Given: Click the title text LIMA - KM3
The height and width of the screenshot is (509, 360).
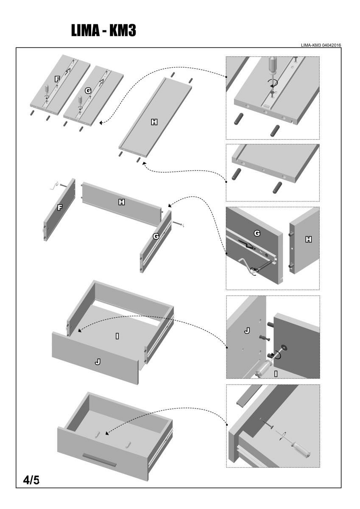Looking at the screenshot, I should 104,31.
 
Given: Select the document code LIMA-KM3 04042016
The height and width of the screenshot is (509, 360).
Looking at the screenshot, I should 321,45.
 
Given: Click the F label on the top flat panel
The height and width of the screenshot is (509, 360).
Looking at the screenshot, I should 57,79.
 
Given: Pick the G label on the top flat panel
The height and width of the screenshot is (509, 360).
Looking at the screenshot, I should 88,90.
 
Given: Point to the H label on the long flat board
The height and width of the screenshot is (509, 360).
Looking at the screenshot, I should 154,122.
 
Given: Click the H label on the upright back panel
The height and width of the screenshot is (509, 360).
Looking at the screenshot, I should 122,202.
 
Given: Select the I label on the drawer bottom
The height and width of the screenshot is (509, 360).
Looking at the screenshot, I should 117,336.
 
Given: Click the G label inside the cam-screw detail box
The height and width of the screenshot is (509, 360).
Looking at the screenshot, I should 257,233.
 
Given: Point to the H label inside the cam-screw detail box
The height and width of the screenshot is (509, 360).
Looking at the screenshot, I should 308,239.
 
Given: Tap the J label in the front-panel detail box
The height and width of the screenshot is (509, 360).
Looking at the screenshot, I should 247,331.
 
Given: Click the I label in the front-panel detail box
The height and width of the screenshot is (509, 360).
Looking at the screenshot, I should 276,373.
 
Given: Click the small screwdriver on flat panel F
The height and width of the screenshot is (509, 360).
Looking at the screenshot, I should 47,91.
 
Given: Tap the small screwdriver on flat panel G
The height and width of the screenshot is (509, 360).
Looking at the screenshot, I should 80,101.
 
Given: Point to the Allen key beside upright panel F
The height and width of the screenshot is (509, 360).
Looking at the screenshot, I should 54,186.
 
